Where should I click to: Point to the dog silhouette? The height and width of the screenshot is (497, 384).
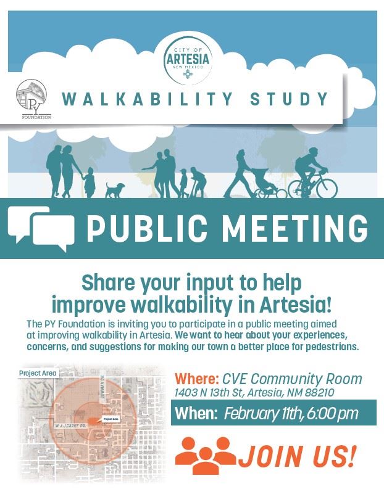pos(114,189)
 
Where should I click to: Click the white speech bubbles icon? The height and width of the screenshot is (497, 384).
pos(41,229)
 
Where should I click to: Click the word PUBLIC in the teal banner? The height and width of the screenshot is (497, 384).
pos(147,229)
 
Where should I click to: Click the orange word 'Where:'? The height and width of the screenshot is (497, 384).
pos(196,378)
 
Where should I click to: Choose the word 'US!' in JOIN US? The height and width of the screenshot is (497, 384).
pos(333,456)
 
